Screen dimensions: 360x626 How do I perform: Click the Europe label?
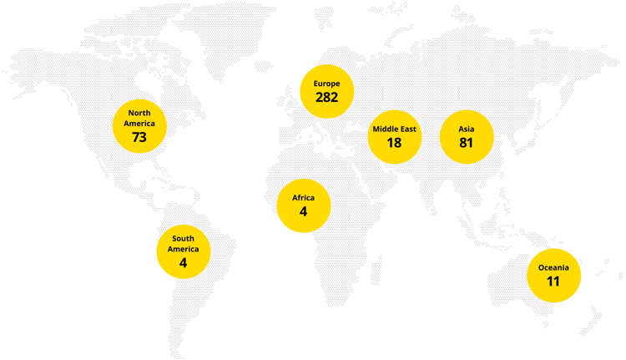pos(326,84)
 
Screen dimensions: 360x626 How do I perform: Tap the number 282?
pos(326,98)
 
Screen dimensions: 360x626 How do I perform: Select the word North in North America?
pos(139,113)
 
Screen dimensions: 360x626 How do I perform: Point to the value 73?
pos(139,137)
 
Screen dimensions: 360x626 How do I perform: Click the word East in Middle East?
pos(406,129)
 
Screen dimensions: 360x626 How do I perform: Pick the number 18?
pos(394,143)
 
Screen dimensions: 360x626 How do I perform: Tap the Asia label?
pos(466,129)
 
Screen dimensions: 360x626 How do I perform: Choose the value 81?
pos(466,143)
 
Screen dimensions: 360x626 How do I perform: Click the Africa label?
pos(303,198)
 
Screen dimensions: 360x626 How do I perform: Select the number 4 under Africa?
pos(303,212)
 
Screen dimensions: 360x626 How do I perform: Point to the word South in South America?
pos(183,239)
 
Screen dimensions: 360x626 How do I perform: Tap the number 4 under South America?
pos(183,262)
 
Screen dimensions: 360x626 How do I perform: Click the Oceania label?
pos(553,267)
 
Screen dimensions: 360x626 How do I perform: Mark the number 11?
pos(553,281)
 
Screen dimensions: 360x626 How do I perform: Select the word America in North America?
pos(139,123)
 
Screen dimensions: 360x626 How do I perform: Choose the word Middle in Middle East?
pos(384,129)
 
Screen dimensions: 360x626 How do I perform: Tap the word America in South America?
pos(183,249)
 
